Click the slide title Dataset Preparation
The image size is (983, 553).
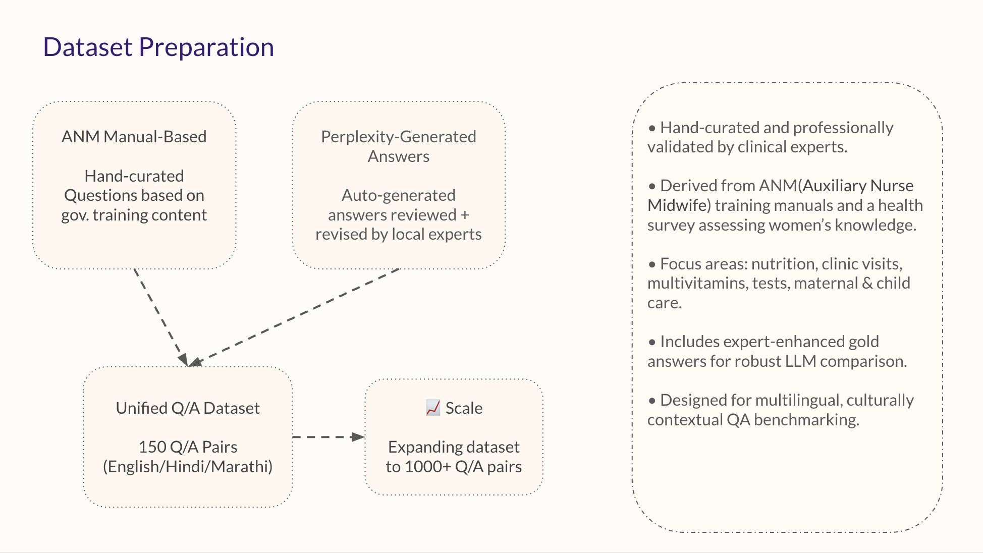(x=158, y=47)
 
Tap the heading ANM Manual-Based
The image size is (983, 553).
(x=134, y=137)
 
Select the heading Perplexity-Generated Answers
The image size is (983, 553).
(x=398, y=146)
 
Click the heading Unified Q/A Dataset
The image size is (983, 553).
(x=188, y=408)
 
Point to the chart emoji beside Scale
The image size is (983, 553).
(x=432, y=408)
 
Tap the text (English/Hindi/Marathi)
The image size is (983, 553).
(x=188, y=467)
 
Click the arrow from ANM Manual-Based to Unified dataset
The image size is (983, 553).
(x=161, y=317)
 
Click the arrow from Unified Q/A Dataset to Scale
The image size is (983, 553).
(x=328, y=437)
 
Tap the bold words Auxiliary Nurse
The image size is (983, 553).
(x=858, y=186)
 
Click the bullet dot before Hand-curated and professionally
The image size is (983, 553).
(x=652, y=129)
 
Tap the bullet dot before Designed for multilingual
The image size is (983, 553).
(x=652, y=401)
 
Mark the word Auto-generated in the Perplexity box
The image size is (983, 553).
(x=398, y=195)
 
